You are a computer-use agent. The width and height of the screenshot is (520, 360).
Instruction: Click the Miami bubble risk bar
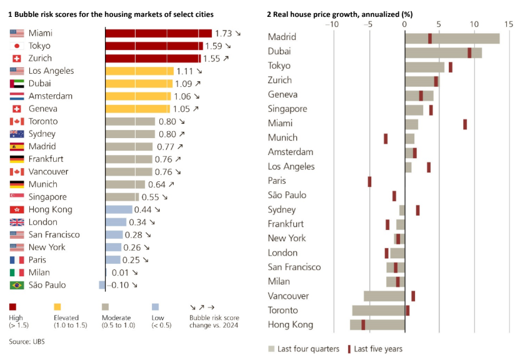(x=158, y=33)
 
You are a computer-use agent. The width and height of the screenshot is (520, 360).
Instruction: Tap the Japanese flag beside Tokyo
(x=17, y=46)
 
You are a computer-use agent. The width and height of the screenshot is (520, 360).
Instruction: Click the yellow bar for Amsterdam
(x=137, y=96)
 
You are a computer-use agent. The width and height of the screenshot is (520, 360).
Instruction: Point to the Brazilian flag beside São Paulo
(x=17, y=285)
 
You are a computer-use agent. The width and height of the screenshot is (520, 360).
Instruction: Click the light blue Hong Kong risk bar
(x=119, y=209)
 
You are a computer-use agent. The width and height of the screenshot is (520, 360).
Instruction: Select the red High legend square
(x=13, y=307)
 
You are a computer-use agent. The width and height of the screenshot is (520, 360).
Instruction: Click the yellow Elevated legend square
(x=57, y=307)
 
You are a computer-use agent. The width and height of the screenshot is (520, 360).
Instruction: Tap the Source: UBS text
(x=27, y=341)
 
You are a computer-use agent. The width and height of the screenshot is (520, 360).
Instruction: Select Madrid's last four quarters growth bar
(x=452, y=38)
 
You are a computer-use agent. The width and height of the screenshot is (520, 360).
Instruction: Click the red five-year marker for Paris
(x=369, y=181)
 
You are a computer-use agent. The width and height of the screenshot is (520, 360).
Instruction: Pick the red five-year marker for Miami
(x=465, y=124)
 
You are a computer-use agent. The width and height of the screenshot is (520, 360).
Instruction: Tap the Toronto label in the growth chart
(x=283, y=310)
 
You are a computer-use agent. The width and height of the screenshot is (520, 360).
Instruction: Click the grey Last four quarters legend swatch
(x=271, y=349)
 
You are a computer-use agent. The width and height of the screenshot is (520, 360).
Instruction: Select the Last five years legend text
(x=379, y=349)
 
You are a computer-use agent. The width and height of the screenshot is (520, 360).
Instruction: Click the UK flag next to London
(x=17, y=222)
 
